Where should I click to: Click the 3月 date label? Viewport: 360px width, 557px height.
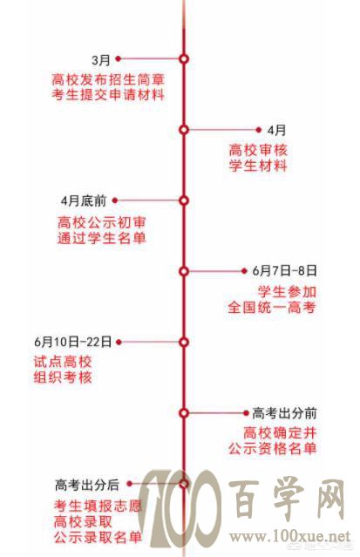pyautogui.click(x=101, y=59)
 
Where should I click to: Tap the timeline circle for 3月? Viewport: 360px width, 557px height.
pyautogui.click(x=183, y=58)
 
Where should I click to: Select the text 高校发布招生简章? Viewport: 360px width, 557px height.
pyautogui.click(x=108, y=78)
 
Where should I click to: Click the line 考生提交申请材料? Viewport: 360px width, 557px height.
pyautogui.click(x=108, y=94)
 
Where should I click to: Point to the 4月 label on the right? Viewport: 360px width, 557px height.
pyautogui.click(x=276, y=130)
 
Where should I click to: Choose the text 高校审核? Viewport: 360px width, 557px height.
pyautogui.click(x=258, y=150)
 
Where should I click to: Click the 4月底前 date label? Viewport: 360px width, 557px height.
pyautogui.click(x=84, y=200)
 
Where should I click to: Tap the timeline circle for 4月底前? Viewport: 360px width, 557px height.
pyautogui.click(x=183, y=200)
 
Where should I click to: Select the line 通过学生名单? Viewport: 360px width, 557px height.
pyautogui.click(x=102, y=238)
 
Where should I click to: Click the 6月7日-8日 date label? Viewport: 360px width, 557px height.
pyautogui.click(x=285, y=271)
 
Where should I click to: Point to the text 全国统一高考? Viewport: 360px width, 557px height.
pyautogui.click(x=272, y=308)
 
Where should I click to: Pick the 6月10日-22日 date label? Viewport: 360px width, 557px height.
pyautogui.click(x=73, y=342)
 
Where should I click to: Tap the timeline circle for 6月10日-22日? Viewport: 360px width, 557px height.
pyautogui.click(x=183, y=342)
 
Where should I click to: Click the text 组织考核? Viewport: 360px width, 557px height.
pyautogui.click(x=63, y=377)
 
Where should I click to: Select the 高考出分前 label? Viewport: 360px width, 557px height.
pyautogui.click(x=284, y=413)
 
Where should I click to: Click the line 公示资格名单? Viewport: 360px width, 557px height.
pyautogui.click(x=272, y=448)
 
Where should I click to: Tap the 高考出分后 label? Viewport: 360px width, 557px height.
pyautogui.click(x=87, y=485)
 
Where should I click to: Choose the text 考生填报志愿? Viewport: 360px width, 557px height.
pyautogui.click(x=98, y=506)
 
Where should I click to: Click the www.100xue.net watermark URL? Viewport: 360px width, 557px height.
pyautogui.click(x=289, y=536)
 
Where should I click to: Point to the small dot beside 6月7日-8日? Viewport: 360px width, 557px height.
pyautogui.click(x=244, y=271)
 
